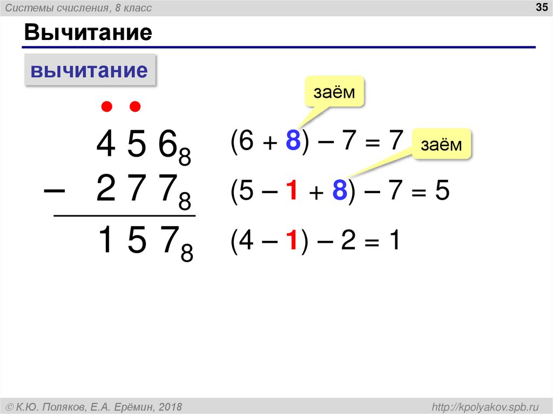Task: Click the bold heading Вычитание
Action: (x=87, y=33)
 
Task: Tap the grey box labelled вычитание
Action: (x=90, y=70)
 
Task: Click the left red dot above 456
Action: (x=107, y=107)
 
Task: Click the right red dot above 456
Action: (x=135, y=107)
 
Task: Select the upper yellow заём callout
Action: (x=334, y=92)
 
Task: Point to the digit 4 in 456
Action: (x=106, y=145)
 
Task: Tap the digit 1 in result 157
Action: (x=107, y=241)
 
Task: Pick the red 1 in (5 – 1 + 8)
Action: (x=292, y=192)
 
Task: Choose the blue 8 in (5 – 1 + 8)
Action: (x=339, y=192)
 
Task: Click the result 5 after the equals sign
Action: (x=442, y=192)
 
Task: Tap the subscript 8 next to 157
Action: (x=187, y=254)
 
